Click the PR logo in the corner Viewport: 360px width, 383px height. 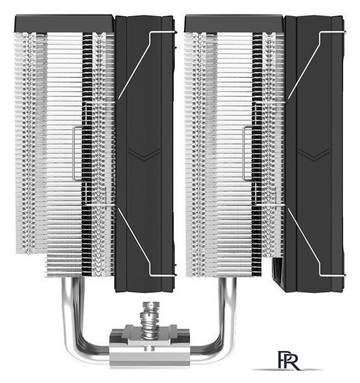pyautogui.click(x=288, y=361)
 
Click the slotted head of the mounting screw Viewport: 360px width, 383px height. pyautogui.click(x=150, y=306)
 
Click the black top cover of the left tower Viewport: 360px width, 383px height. pyautogui.click(x=65, y=23)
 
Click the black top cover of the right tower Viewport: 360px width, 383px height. pyautogui.click(x=234, y=23)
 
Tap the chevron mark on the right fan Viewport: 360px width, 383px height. pyautogui.click(x=314, y=155)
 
